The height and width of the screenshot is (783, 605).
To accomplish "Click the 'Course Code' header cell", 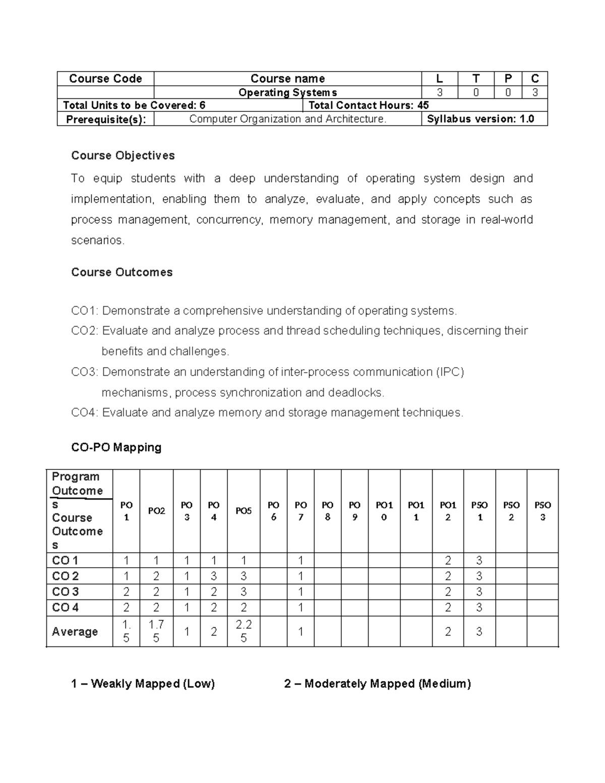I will pos(105,79).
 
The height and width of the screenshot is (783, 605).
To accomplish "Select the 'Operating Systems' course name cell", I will pos(287,92).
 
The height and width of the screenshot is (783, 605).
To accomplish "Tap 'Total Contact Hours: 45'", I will pos(369,105).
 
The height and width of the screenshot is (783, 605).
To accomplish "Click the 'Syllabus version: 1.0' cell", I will pos(480,119).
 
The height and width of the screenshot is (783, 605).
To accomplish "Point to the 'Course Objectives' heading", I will pos(123,155).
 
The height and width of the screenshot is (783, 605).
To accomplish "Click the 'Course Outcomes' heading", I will pos(122,272).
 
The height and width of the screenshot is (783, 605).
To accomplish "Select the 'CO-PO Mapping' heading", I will pos(116,447).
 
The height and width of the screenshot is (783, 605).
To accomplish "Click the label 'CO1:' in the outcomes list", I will pos(85,311).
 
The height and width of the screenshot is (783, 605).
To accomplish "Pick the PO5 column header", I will pos(244,511).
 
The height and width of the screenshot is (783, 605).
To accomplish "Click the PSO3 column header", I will pos(542,511).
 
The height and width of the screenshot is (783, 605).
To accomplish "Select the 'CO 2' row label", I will pos(66,576).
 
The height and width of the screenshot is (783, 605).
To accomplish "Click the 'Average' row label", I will pos(75,631).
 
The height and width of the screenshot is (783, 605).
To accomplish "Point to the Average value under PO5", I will pos(244,631).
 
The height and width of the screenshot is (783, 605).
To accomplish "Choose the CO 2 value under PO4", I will pos(214,576).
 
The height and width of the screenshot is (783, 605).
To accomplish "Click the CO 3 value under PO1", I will pos(126,592).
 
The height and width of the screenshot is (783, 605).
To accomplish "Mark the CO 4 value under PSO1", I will pos(479,608).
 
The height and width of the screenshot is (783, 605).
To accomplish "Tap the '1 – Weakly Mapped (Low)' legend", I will pos(143,684).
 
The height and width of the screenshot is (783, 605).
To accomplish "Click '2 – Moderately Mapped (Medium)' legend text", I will pos(378,684).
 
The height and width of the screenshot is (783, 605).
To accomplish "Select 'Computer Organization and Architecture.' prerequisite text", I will pos(287,119).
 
